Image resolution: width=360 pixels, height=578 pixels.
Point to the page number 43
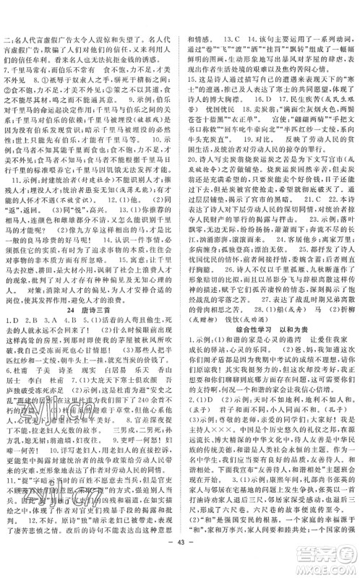click(179, 564)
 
